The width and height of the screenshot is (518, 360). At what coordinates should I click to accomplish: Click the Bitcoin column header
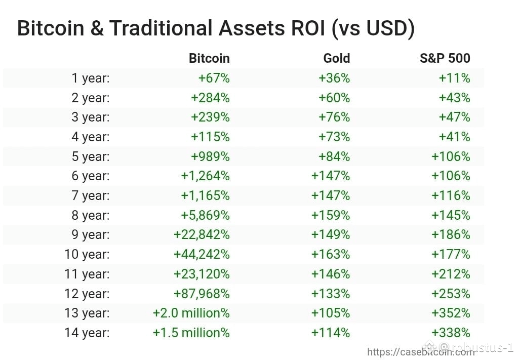coord(209,58)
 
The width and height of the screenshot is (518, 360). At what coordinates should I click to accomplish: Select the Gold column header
coord(337,58)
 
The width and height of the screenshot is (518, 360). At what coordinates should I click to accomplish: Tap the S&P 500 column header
coord(445,58)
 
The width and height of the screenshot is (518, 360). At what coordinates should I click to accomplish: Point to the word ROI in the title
coord(308,28)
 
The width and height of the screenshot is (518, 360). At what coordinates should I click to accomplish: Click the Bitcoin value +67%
coord(214,78)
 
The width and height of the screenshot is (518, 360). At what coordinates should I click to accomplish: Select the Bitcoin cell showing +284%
coord(211,98)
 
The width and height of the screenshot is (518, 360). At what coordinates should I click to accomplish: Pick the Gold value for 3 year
coord(334,117)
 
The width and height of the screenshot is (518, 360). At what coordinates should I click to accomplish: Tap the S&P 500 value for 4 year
coord(455,137)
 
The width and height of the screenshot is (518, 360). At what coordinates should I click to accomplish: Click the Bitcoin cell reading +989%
coord(211,156)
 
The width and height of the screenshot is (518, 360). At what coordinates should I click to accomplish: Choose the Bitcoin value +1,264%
coord(206,176)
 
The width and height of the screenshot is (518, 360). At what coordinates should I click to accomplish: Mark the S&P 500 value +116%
coord(451,195)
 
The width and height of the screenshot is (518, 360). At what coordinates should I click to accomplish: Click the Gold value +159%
coord(331,215)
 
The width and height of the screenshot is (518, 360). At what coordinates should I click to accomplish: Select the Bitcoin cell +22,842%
coord(202,234)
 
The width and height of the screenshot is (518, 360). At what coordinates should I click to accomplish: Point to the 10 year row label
coord(87,254)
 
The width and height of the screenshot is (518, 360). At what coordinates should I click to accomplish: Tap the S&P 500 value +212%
coord(451,274)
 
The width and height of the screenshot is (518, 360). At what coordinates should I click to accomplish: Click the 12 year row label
coord(87,294)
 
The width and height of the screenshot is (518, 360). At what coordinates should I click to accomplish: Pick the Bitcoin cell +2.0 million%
coord(191,313)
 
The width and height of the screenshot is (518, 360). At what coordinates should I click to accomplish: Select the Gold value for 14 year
coord(331,333)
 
